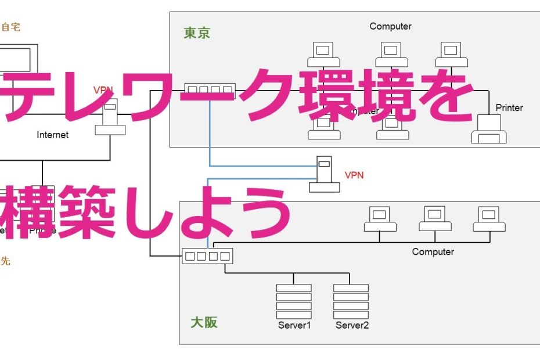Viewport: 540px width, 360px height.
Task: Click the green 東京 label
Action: pyautogui.click(x=197, y=33)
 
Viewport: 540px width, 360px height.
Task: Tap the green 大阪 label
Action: pyautogui.click(x=204, y=322)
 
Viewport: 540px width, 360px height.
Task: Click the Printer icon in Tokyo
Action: pyautogui.click(x=489, y=130)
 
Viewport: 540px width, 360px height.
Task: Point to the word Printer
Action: pyautogui.click(x=509, y=107)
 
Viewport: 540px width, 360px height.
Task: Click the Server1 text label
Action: pyautogui.click(x=294, y=326)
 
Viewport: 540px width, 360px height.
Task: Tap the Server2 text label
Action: pyautogui.click(x=352, y=326)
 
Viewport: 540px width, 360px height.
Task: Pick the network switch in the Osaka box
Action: pyautogui.click(x=207, y=256)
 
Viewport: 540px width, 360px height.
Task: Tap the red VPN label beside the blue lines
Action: pyautogui.click(x=354, y=175)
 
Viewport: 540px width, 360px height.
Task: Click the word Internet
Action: pyautogui.click(x=53, y=135)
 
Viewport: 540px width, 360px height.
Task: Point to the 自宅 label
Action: pyautogui.click(x=11, y=27)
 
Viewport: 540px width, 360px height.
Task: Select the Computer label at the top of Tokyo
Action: pyautogui.click(x=390, y=26)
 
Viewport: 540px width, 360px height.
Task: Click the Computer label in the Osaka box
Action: pyautogui.click(x=433, y=251)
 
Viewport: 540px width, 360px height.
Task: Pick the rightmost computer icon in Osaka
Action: pyautogui.click(x=489, y=219)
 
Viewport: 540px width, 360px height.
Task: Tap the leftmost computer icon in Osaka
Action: pyautogui.click(x=380, y=219)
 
